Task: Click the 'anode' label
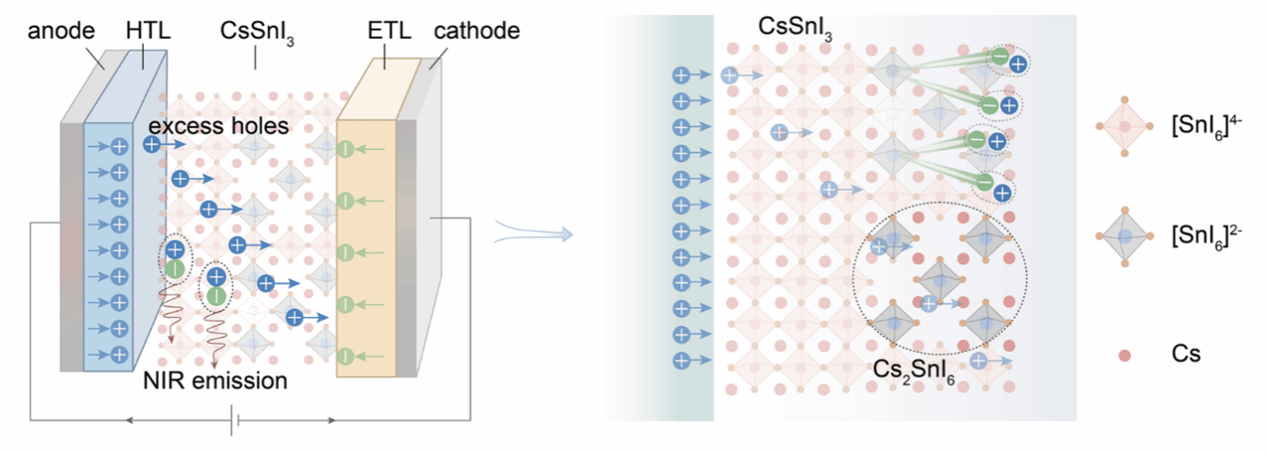click(61, 31)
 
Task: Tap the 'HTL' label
click(148, 30)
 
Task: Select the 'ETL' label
click(389, 30)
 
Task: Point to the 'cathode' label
click(476, 31)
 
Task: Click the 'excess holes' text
click(219, 126)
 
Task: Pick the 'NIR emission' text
click(215, 381)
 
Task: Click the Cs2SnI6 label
click(914, 371)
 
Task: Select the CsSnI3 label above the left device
click(257, 31)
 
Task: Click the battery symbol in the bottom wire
click(235, 421)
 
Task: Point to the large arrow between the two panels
click(534, 233)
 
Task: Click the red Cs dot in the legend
click(1124, 355)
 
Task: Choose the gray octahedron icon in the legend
click(1124, 236)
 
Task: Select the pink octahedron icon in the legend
click(1124, 126)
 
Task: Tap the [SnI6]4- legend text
click(1206, 127)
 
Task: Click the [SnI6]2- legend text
click(1206, 237)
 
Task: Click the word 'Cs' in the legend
click(1186, 354)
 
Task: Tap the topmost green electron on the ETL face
click(346, 149)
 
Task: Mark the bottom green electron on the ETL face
click(346, 357)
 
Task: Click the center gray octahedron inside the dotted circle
click(940, 281)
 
